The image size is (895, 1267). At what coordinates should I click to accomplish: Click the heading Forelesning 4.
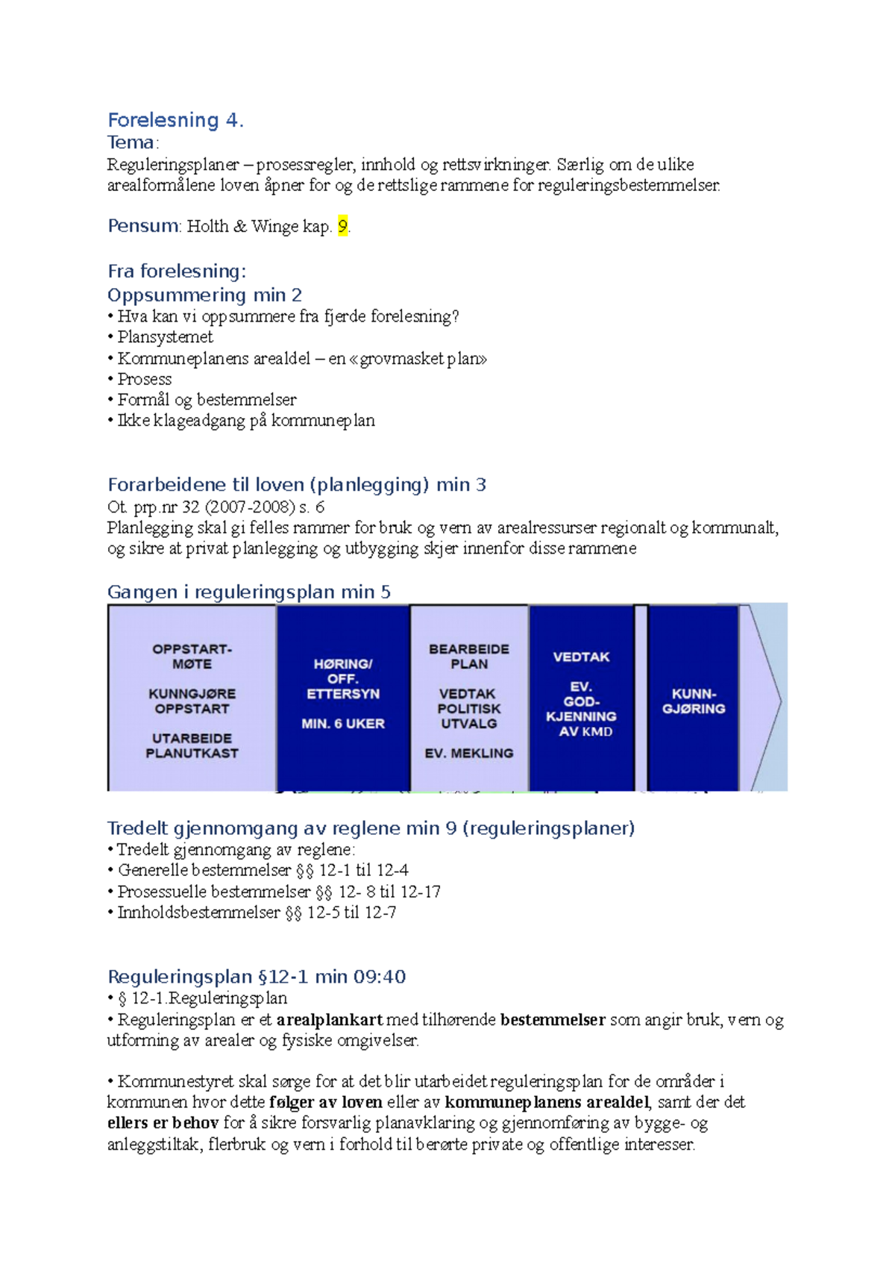pyautogui.click(x=175, y=120)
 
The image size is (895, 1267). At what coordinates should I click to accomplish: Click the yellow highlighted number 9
pyautogui.click(x=342, y=226)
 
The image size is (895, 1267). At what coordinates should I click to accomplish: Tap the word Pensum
pyautogui.click(x=143, y=226)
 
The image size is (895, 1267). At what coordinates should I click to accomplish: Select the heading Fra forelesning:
pyautogui.click(x=177, y=271)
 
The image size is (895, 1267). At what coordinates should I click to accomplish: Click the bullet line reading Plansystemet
pyautogui.click(x=165, y=337)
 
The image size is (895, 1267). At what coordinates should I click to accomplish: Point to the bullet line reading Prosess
pyautogui.click(x=144, y=379)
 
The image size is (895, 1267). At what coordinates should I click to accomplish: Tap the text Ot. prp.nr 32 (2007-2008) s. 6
pyautogui.click(x=216, y=507)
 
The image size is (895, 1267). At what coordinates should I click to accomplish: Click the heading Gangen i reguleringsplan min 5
pyautogui.click(x=248, y=592)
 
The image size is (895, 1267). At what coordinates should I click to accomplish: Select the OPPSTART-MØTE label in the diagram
pyautogui.click(x=192, y=657)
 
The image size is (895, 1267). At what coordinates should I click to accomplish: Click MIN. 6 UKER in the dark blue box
pyautogui.click(x=343, y=724)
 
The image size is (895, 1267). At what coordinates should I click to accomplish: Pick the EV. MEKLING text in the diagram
pyautogui.click(x=468, y=754)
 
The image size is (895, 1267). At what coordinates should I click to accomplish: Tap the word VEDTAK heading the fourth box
pyautogui.click(x=581, y=657)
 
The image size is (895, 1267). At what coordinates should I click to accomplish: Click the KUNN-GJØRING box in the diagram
pyautogui.click(x=694, y=701)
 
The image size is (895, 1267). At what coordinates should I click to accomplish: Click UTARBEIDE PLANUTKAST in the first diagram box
pyautogui.click(x=192, y=746)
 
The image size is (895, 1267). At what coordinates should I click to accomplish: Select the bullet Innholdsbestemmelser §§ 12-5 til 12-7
pyautogui.click(x=257, y=913)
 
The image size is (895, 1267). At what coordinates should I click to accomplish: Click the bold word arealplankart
pyautogui.click(x=329, y=1020)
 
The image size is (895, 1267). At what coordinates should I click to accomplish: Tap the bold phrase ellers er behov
pyautogui.click(x=163, y=1123)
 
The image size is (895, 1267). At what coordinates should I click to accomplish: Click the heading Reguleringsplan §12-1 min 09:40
pyautogui.click(x=257, y=977)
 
